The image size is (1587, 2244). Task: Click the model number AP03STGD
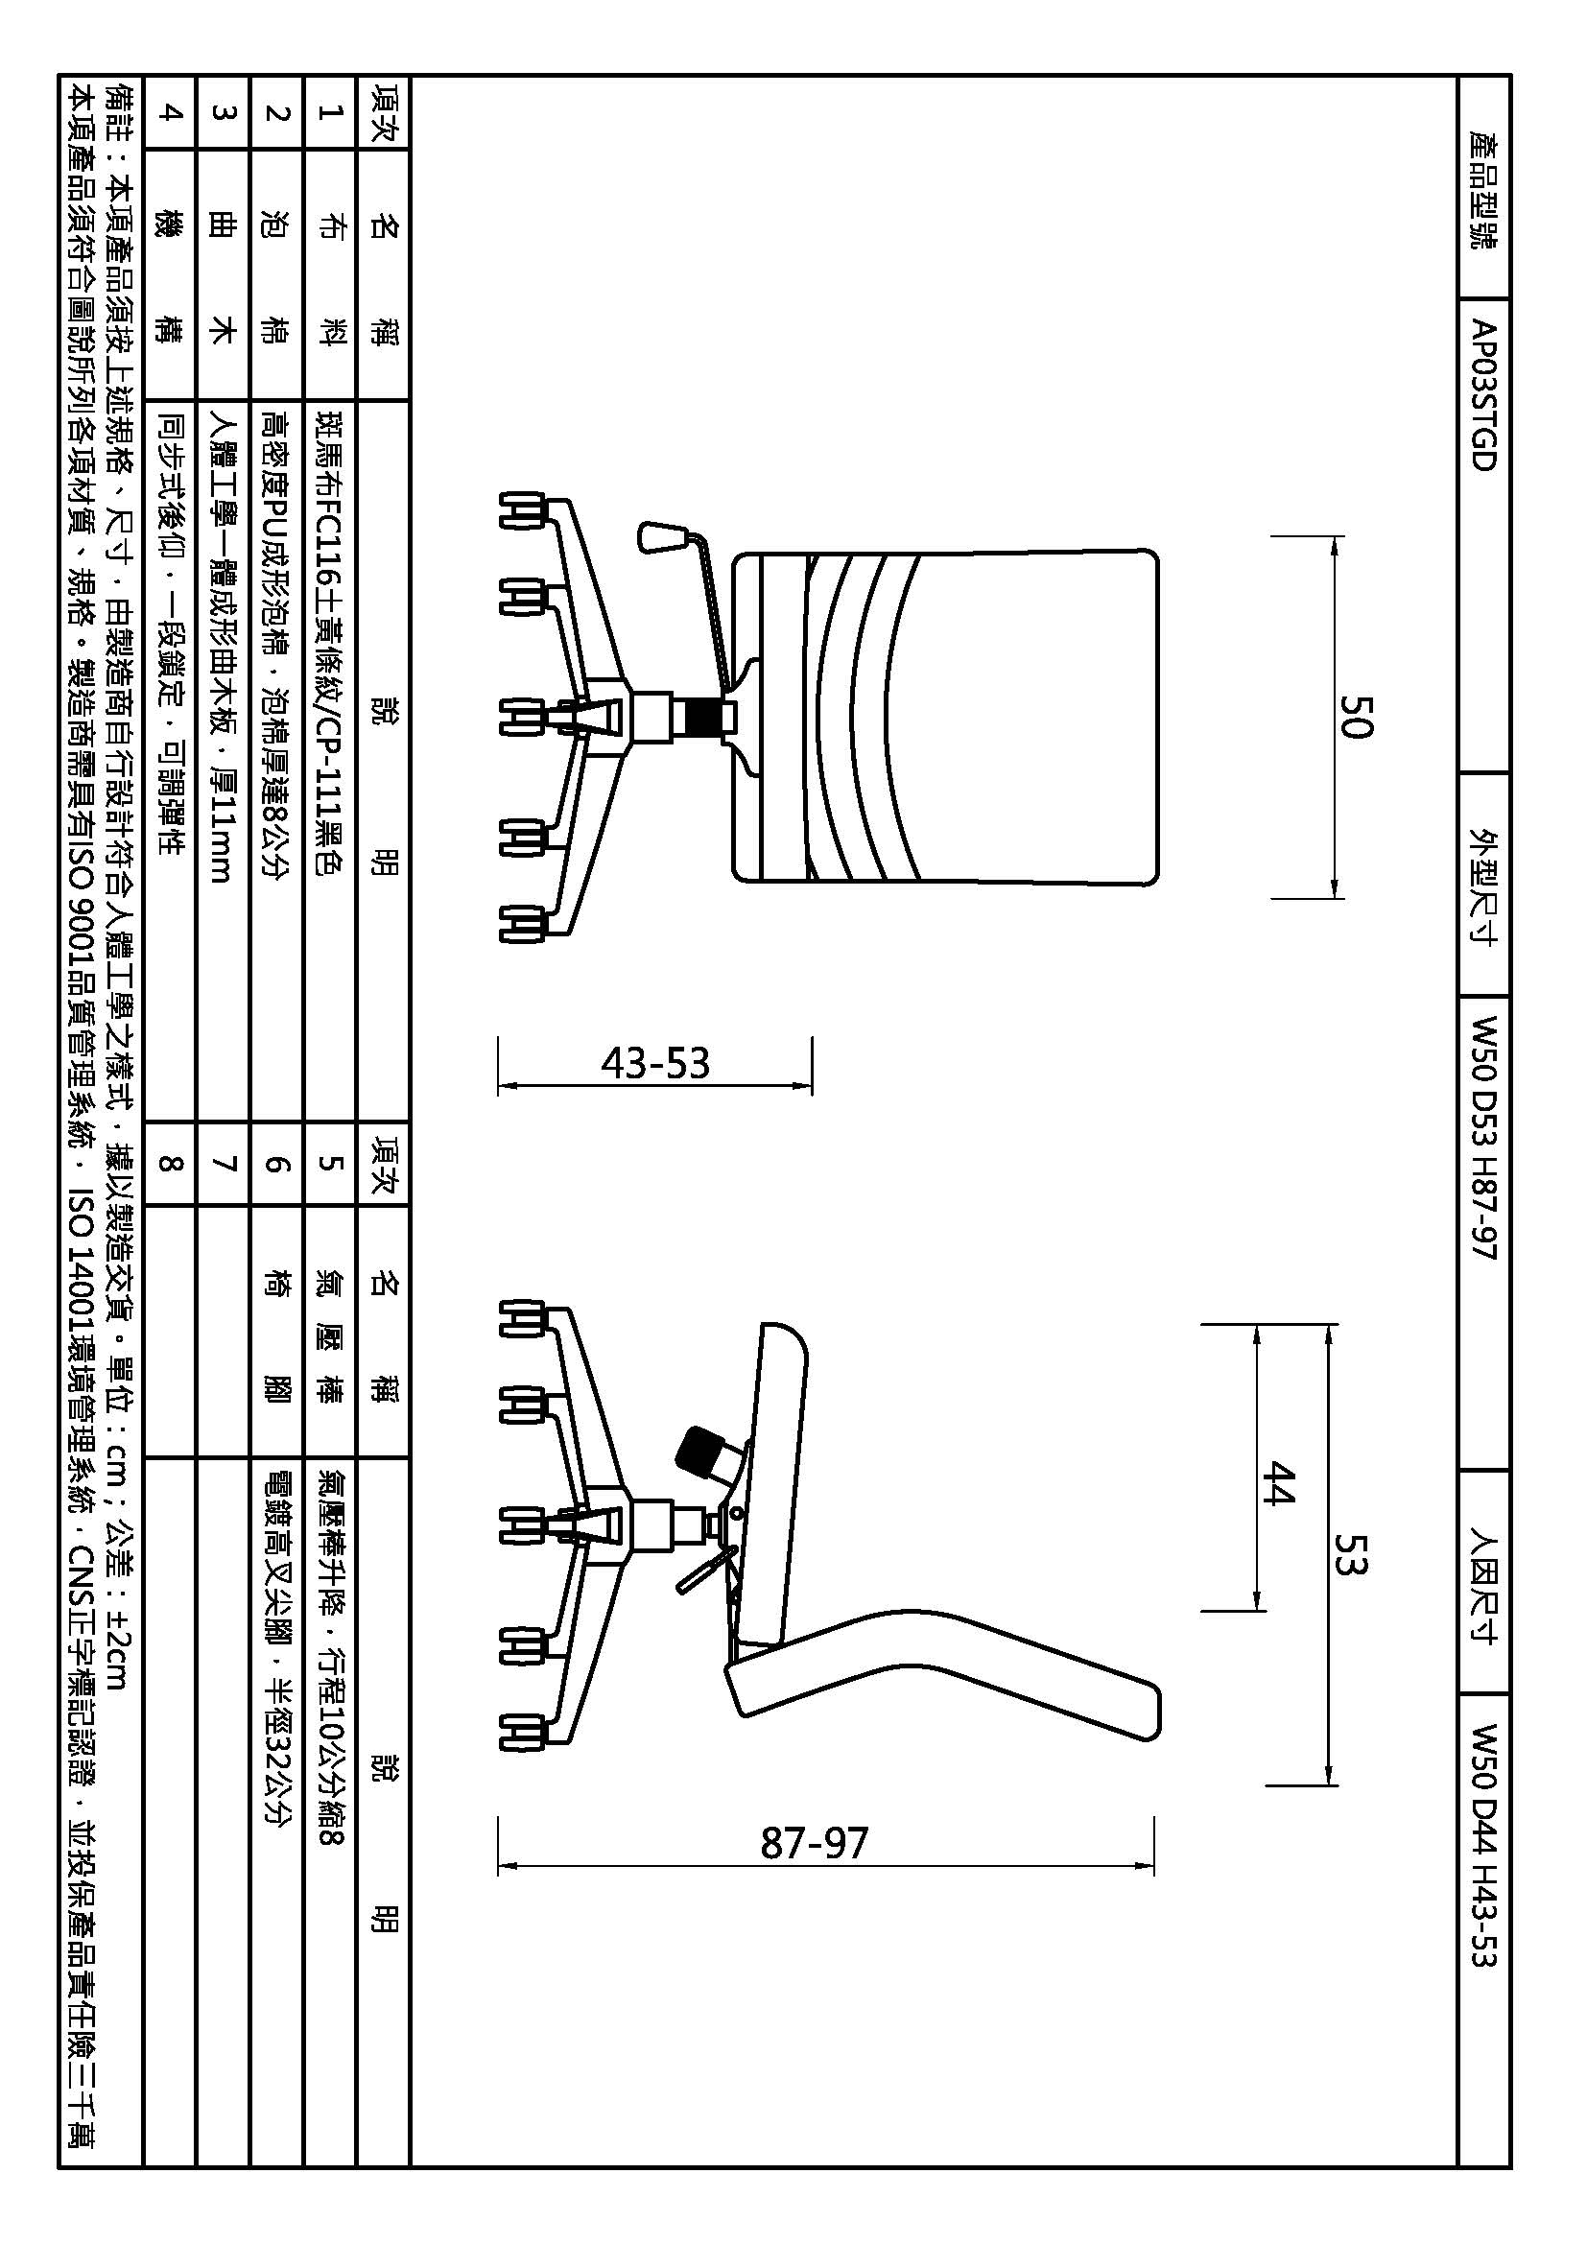coord(1483,396)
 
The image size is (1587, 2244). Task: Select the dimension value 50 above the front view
coord(1358,717)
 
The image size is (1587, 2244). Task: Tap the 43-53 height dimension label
coord(654,1062)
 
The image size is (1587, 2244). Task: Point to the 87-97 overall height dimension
coord(814,1842)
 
